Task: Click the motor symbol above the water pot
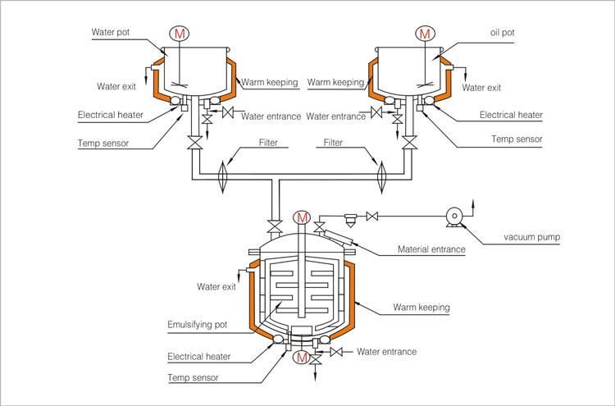click(x=180, y=34)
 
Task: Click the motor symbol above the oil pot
click(x=425, y=34)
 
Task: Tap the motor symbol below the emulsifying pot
click(x=302, y=358)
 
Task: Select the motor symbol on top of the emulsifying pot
click(x=302, y=217)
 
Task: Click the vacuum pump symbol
click(x=454, y=217)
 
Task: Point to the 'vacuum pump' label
click(x=532, y=237)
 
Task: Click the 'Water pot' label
click(x=110, y=32)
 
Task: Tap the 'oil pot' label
click(x=503, y=33)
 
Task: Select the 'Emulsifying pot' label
click(x=198, y=325)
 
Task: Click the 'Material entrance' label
click(x=431, y=249)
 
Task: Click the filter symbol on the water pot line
click(x=222, y=176)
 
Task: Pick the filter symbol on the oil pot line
click(x=380, y=176)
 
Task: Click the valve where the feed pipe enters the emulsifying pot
click(x=276, y=226)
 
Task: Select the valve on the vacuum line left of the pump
click(x=371, y=217)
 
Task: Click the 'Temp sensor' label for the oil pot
click(x=517, y=139)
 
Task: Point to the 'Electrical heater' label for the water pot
click(x=111, y=115)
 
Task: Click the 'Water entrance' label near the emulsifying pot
click(x=386, y=352)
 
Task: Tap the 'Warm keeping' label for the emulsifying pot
click(x=421, y=307)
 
